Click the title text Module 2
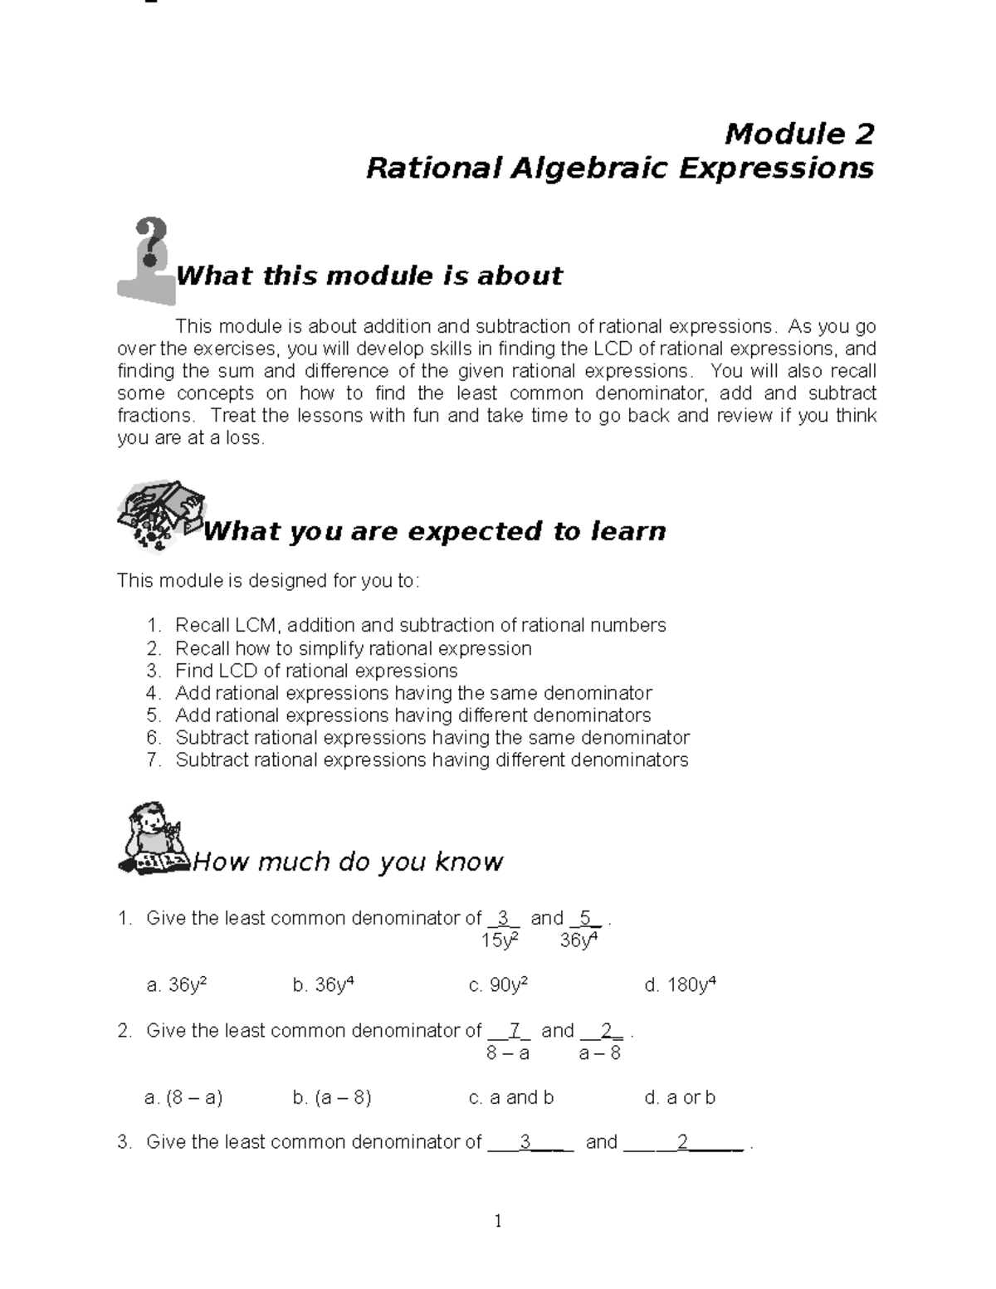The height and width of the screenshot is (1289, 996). click(x=798, y=133)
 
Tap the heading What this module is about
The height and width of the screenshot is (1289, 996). click(x=369, y=276)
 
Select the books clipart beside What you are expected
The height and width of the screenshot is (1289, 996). click(x=159, y=515)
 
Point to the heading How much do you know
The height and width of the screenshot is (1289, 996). click(x=347, y=862)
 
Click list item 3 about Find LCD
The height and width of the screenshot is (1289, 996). click(x=315, y=671)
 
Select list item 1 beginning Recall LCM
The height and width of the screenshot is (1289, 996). click(x=420, y=625)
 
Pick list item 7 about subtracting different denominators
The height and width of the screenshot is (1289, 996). click(x=431, y=759)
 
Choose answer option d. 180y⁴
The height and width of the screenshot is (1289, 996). click(x=680, y=985)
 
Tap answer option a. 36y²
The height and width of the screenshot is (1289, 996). click(x=176, y=985)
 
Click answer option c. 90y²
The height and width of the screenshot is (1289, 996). click(x=498, y=985)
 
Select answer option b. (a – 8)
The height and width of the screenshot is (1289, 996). click(x=331, y=1097)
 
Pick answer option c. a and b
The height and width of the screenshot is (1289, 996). click(x=510, y=1097)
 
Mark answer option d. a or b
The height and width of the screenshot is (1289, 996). click(x=680, y=1097)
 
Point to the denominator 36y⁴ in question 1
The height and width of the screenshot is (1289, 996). click(x=579, y=940)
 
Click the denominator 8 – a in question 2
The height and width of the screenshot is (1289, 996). click(x=507, y=1052)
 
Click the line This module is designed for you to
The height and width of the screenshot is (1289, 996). click(x=268, y=580)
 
